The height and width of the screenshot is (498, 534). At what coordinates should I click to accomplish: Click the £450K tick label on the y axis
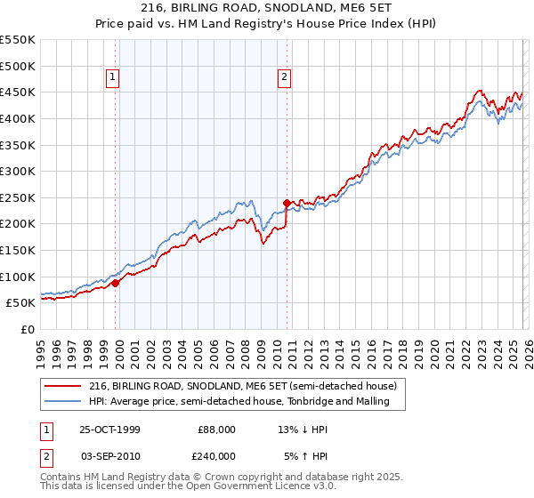click(17, 92)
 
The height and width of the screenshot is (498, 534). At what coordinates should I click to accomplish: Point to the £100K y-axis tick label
click(17, 277)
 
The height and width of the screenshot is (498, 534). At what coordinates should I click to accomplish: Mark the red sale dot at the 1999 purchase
click(116, 283)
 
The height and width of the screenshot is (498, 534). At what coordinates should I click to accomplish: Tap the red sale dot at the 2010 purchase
click(287, 203)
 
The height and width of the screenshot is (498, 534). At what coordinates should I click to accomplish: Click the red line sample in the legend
click(62, 386)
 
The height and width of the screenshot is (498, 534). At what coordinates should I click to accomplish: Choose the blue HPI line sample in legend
click(62, 401)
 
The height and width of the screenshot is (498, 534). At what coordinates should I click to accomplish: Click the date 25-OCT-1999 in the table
click(109, 430)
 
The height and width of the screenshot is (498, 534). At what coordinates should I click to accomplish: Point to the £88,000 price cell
click(217, 430)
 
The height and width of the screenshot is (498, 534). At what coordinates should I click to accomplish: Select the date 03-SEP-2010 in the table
click(109, 456)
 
